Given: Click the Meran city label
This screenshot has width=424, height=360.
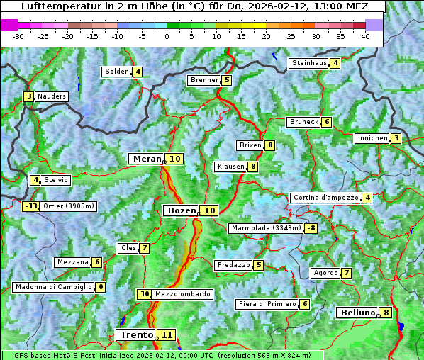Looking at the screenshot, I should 147,159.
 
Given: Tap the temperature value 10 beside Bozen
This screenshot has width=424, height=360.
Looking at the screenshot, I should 209,210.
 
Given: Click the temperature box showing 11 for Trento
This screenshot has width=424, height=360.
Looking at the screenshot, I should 167,334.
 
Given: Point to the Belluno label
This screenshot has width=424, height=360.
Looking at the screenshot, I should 357,313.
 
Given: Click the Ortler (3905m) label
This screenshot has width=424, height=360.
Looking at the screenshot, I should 69,207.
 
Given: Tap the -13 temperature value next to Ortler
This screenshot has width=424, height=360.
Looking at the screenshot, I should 30,207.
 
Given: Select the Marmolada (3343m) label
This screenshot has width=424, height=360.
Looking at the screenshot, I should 266,228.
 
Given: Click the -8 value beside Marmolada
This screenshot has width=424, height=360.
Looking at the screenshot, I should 311,228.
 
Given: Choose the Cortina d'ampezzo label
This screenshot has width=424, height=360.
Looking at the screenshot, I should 325,198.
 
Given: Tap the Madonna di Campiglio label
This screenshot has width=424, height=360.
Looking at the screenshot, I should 53,287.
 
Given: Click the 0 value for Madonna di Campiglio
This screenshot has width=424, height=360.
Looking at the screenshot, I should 101,287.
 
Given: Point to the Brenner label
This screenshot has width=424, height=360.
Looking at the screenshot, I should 204,80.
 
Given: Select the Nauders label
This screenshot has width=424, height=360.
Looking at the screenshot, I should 52,96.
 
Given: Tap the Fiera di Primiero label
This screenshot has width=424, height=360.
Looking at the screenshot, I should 267,304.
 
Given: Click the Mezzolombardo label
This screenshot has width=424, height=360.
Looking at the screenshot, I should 182,294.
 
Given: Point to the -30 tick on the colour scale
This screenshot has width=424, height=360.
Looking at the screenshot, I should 18,36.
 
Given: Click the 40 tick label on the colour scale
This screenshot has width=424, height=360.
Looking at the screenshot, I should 365,36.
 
